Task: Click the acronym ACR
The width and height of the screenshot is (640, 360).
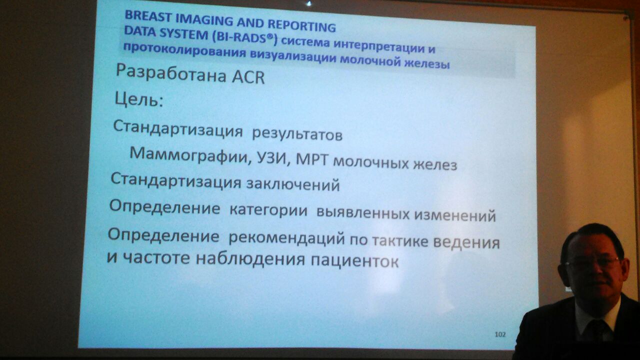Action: coord(248,77)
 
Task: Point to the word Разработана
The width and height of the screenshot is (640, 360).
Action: coord(171,73)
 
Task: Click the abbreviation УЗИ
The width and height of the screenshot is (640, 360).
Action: coord(274,159)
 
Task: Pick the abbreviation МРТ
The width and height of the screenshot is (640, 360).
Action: coord(311,160)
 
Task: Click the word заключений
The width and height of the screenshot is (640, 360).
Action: coord(293,184)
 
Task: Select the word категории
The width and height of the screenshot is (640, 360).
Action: coord(268,210)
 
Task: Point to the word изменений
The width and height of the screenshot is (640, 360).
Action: coord(455,215)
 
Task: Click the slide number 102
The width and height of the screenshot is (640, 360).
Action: coord(500,334)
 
